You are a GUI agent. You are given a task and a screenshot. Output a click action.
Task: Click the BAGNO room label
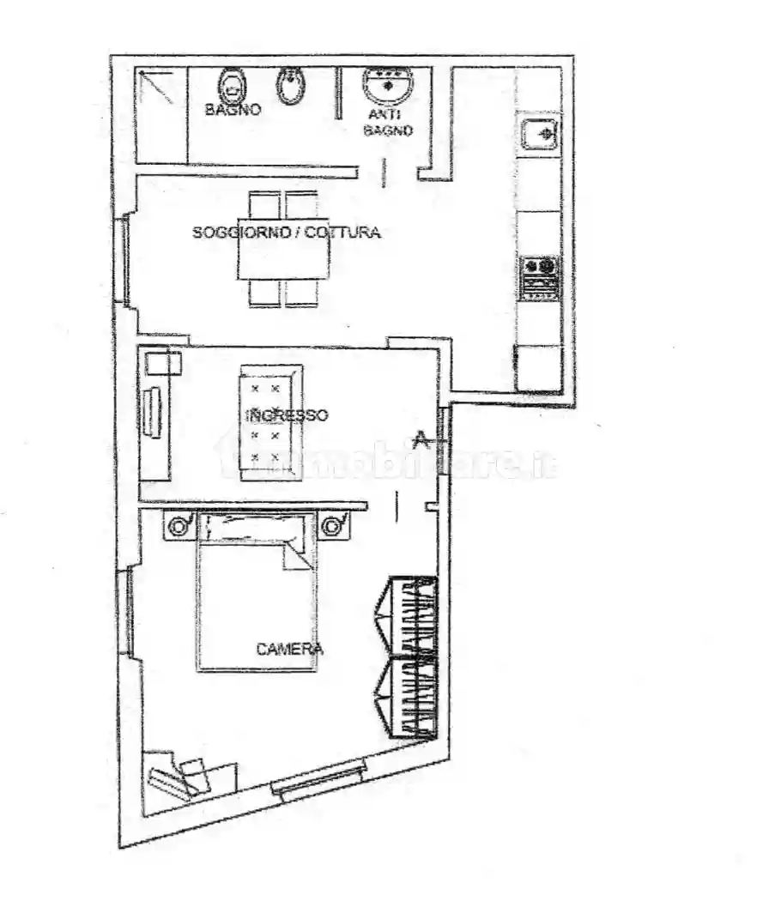(x=233, y=110)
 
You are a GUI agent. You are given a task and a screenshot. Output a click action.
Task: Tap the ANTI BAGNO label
(x=388, y=122)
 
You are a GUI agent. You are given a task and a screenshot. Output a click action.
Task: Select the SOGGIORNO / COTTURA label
(x=286, y=233)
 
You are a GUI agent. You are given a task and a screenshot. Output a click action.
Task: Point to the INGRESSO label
(x=287, y=415)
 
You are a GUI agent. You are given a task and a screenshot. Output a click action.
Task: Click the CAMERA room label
(x=289, y=650)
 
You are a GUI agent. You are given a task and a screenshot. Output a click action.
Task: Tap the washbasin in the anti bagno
(x=388, y=85)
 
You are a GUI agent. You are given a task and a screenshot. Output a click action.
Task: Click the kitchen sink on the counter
(x=540, y=133)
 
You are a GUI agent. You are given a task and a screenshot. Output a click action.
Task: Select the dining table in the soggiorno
(x=284, y=248)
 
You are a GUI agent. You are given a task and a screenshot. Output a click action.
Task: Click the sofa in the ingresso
(x=271, y=421)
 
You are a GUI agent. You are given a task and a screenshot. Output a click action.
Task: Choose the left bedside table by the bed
(x=179, y=525)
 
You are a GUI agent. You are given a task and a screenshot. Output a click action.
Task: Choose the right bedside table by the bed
(x=333, y=524)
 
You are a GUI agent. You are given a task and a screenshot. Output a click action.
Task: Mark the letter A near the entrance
(x=421, y=439)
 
